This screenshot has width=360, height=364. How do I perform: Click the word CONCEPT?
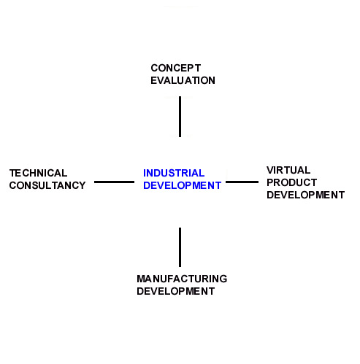[176, 68]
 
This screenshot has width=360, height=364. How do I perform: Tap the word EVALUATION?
[183, 80]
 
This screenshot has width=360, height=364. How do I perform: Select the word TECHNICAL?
[38, 173]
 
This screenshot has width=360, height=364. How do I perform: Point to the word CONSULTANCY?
[47, 185]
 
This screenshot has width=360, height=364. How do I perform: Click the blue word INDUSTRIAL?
[174, 173]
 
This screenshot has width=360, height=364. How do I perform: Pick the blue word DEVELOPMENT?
[182, 185]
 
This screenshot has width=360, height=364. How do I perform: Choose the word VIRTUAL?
[288, 170]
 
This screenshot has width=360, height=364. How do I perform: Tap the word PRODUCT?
[291, 182]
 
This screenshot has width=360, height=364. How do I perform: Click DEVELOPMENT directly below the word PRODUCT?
[305, 195]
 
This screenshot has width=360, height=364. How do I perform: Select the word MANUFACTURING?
[182, 279]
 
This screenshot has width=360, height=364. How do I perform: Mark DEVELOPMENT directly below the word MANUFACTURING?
[175, 291]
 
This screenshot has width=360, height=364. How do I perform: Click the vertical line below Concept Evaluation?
[180, 117]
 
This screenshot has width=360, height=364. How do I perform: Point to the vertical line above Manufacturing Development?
[180, 247]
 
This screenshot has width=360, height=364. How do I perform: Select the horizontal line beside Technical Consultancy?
[114, 182]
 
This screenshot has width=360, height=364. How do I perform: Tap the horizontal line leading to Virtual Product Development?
[242, 182]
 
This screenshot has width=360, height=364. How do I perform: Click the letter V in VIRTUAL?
[270, 170]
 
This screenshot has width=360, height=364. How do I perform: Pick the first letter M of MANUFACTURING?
[141, 279]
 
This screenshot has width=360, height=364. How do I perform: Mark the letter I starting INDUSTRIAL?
[145, 173]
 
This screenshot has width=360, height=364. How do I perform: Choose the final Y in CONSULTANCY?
[82, 185]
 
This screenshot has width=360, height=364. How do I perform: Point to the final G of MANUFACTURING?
[223, 279]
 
